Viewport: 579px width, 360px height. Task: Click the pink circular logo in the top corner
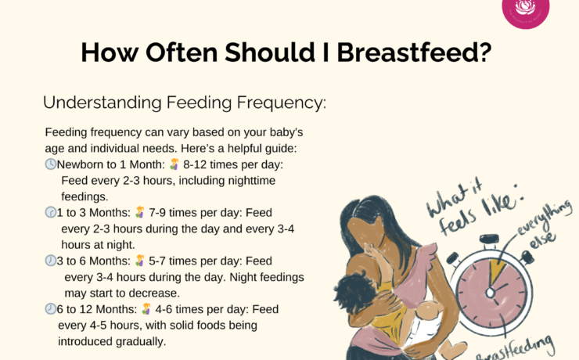pyautogui.click(x=526, y=11)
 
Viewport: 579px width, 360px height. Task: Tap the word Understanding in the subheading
pyautogui.click(x=102, y=103)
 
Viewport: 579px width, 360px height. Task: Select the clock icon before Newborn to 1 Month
pyautogui.click(x=51, y=164)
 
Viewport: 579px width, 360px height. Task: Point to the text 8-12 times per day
pyautogui.click(x=233, y=164)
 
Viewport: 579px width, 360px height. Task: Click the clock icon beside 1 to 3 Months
pyautogui.click(x=51, y=212)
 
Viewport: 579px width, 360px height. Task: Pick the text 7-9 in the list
pyautogui.click(x=157, y=213)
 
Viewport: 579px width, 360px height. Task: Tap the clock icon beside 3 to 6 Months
pyautogui.click(x=51, y=261)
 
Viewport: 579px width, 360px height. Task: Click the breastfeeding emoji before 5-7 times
pyautogui.click(x=139, y=261)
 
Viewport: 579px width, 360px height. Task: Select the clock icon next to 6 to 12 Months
pyautogui.click(x=51, y=308)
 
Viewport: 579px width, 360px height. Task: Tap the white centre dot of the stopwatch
pyautogui.click(x=490, y=293)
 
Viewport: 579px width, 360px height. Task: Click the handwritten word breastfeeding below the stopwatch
pyautogui.click(x=515, y=350)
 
